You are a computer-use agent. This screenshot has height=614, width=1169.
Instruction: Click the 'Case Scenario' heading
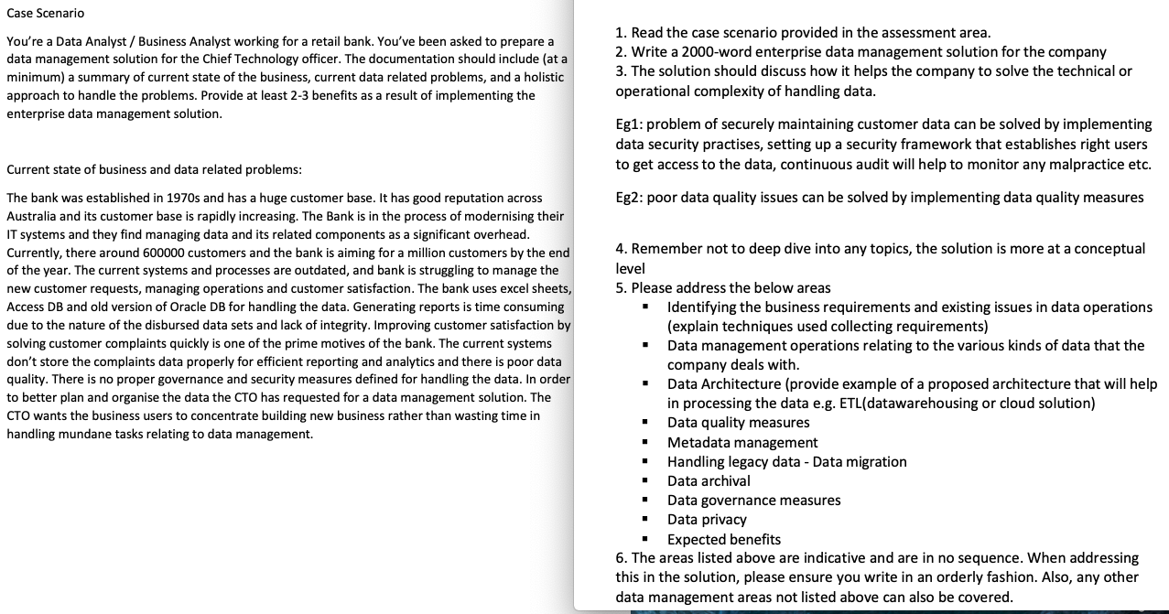45,13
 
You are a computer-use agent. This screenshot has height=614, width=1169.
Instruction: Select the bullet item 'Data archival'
709,481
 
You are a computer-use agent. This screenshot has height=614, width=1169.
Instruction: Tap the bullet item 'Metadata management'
742,443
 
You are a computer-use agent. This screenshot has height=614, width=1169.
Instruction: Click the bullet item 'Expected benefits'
723,540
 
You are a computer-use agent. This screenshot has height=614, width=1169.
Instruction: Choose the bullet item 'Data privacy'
707,520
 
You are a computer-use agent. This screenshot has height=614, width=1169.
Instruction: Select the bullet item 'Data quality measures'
738,423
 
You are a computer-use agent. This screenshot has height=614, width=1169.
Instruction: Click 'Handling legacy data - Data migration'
786,462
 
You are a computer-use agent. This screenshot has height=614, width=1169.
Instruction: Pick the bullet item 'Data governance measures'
753,501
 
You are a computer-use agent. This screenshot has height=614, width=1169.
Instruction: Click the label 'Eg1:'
630,124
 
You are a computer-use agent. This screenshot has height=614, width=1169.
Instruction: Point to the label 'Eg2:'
630,198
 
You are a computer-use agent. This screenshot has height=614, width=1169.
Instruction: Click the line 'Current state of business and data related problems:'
154,170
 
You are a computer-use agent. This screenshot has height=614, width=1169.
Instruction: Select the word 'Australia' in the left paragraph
33,216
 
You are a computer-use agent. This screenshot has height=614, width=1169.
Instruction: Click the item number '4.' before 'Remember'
622,249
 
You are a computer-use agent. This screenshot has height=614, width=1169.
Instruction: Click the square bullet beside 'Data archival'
646,481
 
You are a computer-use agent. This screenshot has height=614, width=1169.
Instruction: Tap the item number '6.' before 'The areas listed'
622,558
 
